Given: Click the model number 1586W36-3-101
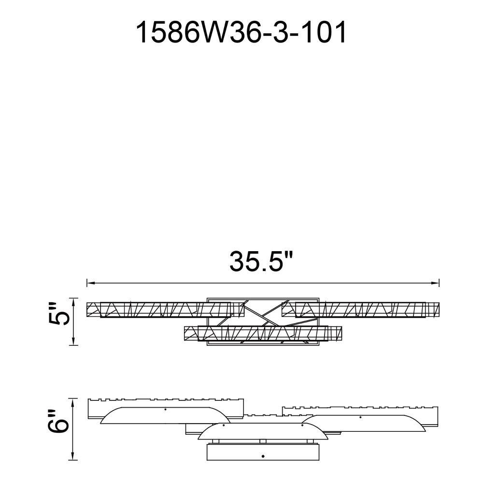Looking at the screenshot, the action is coord(241,33).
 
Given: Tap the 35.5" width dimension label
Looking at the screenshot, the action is coord(261,261).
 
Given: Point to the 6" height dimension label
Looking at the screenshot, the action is coord(57,422).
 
